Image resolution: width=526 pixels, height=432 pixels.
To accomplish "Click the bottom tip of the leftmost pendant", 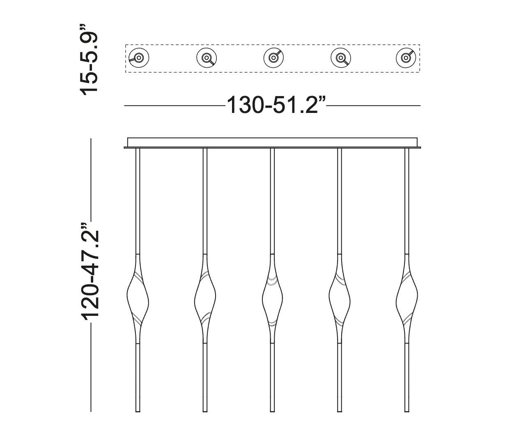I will click(x=138, y=410).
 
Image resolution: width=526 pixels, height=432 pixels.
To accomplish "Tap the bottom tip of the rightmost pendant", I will click(x=407, y=410).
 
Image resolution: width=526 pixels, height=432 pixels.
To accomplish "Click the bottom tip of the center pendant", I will click(x=272, y=410).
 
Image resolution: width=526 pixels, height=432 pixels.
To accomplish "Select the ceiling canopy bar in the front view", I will click(x=273, y=143).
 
